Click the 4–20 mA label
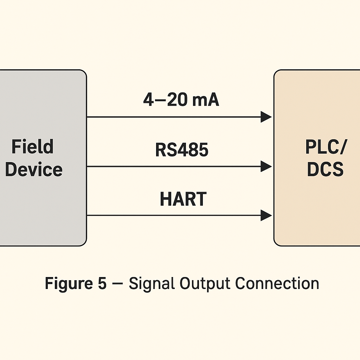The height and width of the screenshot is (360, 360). pos(181,100)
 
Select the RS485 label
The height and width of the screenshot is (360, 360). pos(182,150)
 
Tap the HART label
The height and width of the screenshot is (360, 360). pos(183,199)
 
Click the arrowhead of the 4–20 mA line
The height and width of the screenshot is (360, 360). pos(266,117)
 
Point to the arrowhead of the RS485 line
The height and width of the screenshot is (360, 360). pos(266,166)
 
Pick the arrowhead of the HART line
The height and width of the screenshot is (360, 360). pos(266,215)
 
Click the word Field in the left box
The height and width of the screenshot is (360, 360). pos(32,146)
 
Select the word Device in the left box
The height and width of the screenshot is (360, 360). pos(34,169)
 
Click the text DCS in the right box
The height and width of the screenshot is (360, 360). pos(325,169)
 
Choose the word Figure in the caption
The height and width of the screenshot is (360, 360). pos(66,284)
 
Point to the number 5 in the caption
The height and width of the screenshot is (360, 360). pos(102,283)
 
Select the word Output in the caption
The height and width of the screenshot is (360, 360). pos(204,283)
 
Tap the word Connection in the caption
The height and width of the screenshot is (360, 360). pos(277,283)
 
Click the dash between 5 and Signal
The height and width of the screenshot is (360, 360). pos(117,284)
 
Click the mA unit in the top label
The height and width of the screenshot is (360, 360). pos(205,100)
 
